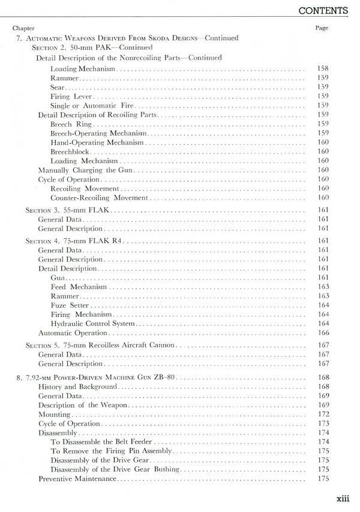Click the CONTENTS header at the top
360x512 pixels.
pos(323,10)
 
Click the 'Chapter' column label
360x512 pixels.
pos(23,28)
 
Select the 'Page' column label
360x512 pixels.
pos(322,28)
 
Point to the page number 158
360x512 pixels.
pos(323,68)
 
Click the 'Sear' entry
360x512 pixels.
pos(57,87)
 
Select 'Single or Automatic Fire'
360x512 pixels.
pos(88,106)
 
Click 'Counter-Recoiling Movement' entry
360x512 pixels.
pos(99,198)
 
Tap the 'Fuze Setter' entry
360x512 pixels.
pos(70,306)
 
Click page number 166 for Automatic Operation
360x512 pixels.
pos(323,333)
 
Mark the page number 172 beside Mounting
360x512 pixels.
pos(323,415)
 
